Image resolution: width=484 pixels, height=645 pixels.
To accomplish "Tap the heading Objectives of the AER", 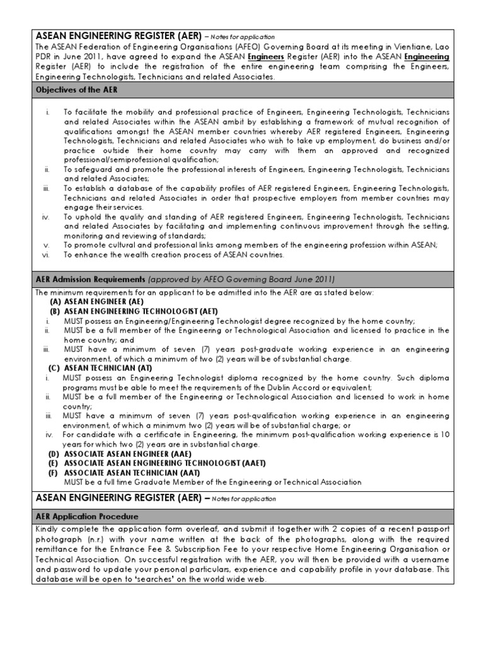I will point(76,89).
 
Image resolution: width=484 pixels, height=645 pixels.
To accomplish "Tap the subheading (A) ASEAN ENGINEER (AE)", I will point(97,302).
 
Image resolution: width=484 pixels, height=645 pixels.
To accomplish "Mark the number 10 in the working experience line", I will point(444,435).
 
